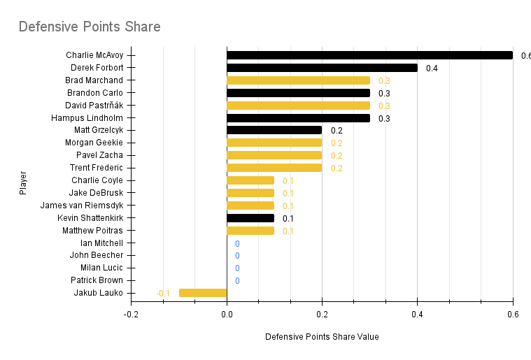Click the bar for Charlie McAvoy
[x=369, y=55]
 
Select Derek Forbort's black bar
[x=322, y=68]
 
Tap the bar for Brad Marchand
[x=298, y=80]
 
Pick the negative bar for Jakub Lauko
[x=203, y=293]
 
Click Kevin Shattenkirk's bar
[x=250, y=218]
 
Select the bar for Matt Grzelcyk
[x=274, y=130]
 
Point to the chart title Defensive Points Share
[x=90, y=27]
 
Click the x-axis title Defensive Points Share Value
[x=322, y=337]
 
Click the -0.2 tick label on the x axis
[x=131, y=315]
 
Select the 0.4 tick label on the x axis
[x=417, y=315]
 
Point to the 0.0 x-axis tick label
[x=227, y=315]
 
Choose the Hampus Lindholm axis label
[x=87, y=117]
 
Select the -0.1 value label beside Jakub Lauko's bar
[x=163, y=293]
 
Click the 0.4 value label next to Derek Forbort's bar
[x=432, y=69]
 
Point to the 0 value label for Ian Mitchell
[x=237, y=243]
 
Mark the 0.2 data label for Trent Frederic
[x=337, y=168]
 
